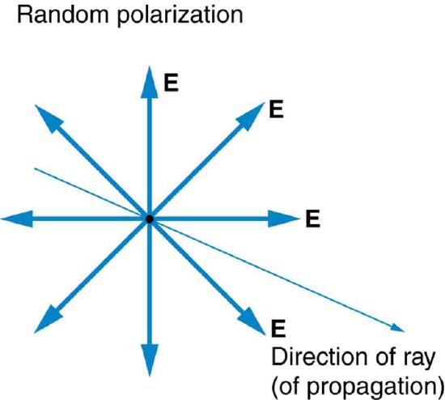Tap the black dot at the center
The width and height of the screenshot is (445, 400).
[149, 219]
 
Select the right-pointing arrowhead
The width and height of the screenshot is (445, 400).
[286, 219]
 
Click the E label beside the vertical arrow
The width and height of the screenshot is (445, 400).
[171, 82]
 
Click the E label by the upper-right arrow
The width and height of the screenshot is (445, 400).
[277, 109]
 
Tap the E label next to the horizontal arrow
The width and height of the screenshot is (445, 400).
[314, 218]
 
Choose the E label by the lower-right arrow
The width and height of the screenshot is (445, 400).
[279, 327]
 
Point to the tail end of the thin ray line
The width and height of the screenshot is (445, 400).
[34, 168]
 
